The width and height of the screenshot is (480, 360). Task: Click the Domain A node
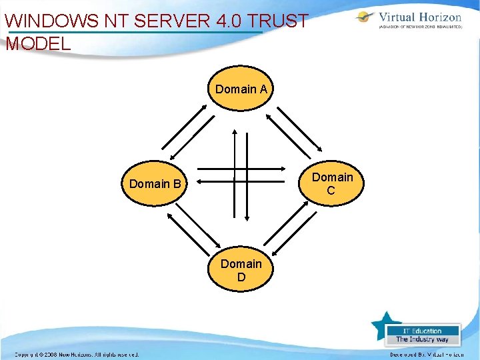[x=241, y=89]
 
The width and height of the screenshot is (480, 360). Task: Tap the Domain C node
[x=332, y=183]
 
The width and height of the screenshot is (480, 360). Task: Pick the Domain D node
[x=241, y=270]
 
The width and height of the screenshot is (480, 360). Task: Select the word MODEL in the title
[x=38, y=45]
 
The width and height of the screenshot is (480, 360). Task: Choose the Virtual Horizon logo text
[x=419, y=17]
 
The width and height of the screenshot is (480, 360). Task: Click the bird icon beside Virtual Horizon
[x=365, y=18]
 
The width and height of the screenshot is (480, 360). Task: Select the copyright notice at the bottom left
[x=77, y=354]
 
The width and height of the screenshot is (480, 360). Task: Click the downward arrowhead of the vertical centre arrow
[x=247, y=217]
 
